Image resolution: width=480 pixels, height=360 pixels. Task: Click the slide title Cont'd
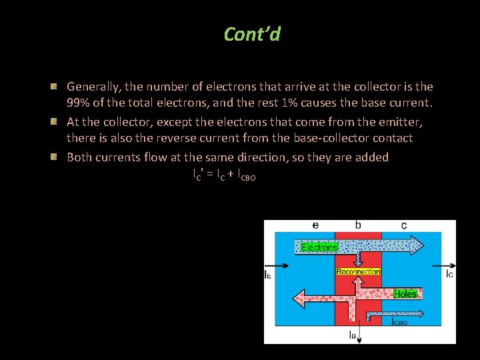[252, 34]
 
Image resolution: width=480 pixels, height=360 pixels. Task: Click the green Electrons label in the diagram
[319, 247]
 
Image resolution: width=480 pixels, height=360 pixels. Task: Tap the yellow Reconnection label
[358, 271]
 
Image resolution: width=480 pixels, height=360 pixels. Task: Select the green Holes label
[405, 294]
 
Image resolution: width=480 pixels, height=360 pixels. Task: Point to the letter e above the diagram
[315, 225]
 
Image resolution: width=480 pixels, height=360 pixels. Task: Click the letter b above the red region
[358, 225]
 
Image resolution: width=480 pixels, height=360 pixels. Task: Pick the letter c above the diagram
[404, 225]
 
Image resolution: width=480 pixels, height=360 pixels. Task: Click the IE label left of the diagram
[268, 274]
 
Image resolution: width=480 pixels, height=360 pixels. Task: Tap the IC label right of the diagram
[450, 274]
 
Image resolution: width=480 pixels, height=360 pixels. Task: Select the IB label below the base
[352, 335]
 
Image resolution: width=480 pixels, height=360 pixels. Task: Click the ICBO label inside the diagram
[399, 323]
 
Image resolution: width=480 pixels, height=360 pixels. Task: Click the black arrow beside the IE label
[281, 265]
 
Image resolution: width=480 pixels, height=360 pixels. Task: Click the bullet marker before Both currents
[59, 157]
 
